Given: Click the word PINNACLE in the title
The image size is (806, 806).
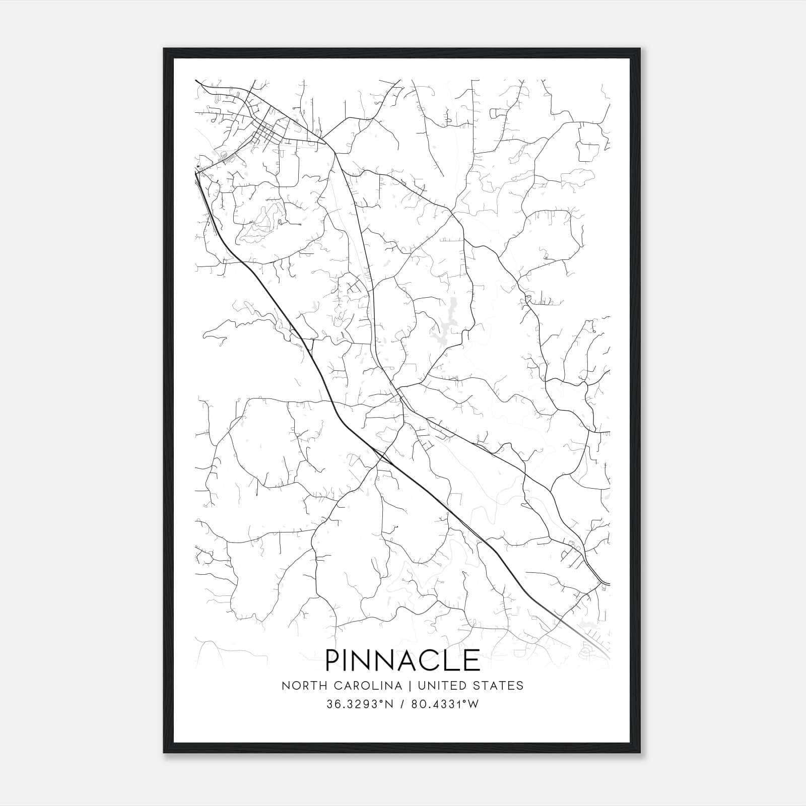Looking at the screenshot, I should click(x=402, y=660).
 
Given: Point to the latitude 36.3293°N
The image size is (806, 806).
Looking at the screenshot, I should click(x=359, y=704).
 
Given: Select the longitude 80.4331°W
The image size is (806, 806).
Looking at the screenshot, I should click(x=445, y=704).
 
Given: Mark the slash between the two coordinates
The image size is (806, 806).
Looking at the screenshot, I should click(x=401, y=704).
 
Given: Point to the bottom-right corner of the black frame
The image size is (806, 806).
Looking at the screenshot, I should click(x=640, y=753).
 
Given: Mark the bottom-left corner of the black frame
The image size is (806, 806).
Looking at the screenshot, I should click(x=164, y=753).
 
